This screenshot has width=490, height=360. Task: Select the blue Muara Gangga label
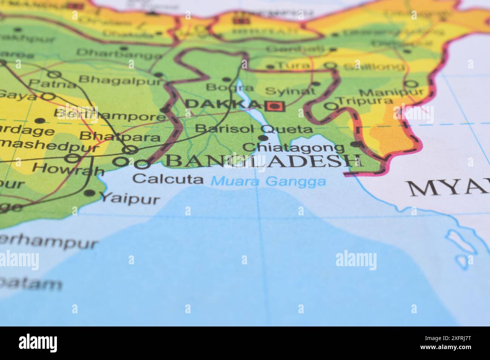(268, 182)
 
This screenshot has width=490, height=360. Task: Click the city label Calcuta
(168, 179)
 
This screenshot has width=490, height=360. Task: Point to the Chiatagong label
(294, 147)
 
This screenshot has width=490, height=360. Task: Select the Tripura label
(364, 101)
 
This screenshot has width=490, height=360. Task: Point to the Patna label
(47, 84)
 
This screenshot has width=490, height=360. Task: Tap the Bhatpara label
(120, 136)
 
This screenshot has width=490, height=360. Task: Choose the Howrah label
(71, 169)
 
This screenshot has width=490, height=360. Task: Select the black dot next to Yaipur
(89, 194)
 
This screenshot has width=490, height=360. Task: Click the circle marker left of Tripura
(331, 107)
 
